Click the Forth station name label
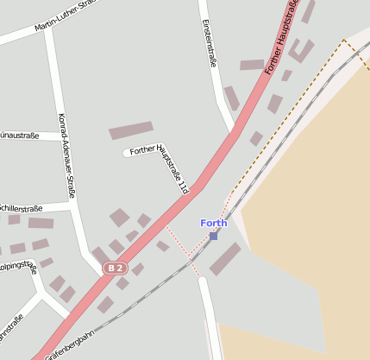(214, 223)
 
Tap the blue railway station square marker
(213, 235)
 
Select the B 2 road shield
(115, 268)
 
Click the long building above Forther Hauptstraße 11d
(131, 131)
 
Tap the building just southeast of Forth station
(225, 259)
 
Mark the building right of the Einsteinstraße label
(252, 65)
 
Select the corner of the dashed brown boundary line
(343, 40)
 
